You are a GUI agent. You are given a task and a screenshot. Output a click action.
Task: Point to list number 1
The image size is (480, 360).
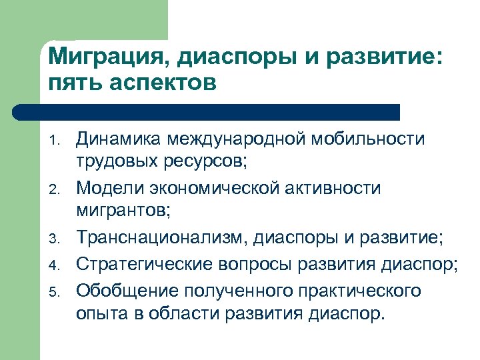tap(57, 141)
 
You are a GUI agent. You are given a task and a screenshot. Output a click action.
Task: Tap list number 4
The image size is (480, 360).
tap(57, 265)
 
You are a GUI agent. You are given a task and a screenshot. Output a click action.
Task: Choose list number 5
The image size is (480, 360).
tap(57, 290)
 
